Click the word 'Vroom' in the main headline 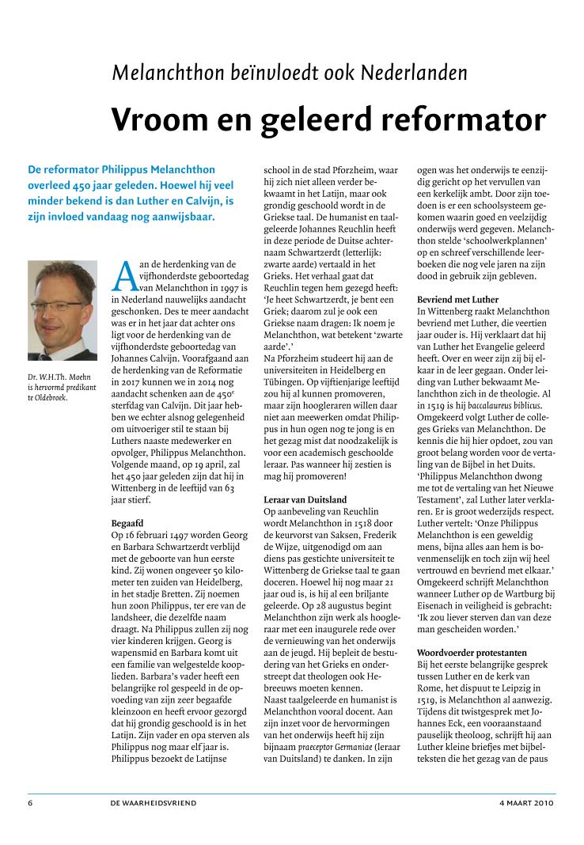(153, 119)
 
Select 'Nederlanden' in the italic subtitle (414, 74)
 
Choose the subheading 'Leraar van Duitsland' (305, 500)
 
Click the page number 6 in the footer (30, 802)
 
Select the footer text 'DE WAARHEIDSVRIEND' (154, 802)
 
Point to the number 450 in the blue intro (82, 185)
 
